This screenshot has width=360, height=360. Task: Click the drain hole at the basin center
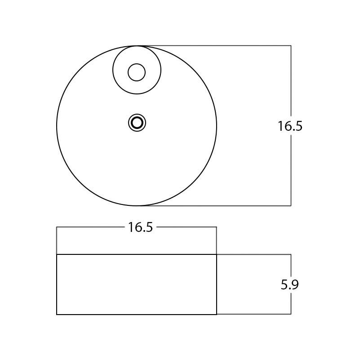click(137, 123)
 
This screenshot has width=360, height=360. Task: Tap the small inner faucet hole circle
click(137, 72)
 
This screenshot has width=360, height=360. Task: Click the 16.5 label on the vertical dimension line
click(290, 126)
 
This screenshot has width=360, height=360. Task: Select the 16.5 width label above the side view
click(140, 227)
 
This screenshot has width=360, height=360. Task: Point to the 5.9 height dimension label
click(290, 285)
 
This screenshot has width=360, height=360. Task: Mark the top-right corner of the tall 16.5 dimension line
click(291, 45)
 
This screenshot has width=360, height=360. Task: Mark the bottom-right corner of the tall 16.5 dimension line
click(291, 206)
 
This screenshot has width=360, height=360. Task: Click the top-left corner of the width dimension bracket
click(57, 227)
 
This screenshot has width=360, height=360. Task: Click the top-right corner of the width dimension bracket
click(217, 227)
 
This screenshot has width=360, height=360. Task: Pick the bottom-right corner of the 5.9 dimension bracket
click(291, 314)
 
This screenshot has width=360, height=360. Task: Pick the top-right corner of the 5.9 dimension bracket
click(291, 254)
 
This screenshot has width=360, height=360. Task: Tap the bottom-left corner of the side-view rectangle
click(57, 314)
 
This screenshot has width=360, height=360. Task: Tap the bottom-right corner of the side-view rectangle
click(217, 314)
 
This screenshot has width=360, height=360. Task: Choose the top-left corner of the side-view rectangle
click(57, 254)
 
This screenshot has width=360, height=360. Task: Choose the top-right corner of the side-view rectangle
click(217, 254)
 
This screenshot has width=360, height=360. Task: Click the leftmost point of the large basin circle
click(57, 126)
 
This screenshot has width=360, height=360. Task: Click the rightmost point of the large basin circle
click(217, 126)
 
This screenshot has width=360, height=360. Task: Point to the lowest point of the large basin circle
click(137, 206)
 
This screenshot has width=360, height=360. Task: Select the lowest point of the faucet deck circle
click(137, 94)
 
